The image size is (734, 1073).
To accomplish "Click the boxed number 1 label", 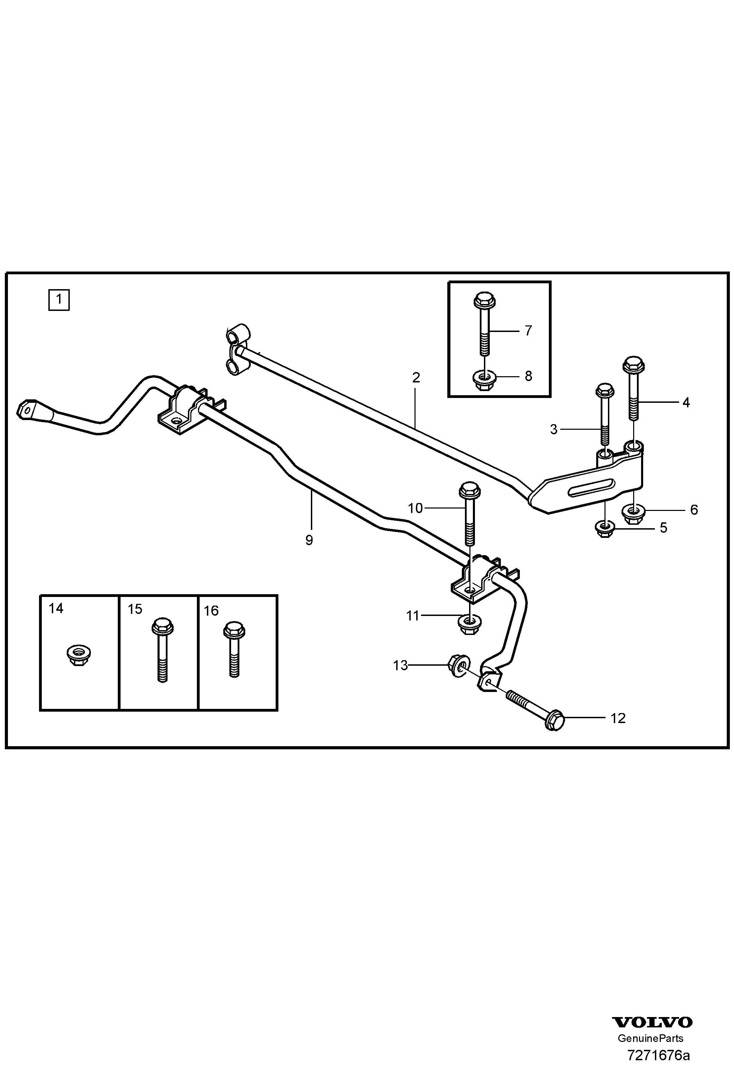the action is [x=59, y=299].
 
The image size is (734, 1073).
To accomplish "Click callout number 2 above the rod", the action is [x=416, y=378].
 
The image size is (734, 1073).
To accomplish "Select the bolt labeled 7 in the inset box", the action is [x=484, y=323].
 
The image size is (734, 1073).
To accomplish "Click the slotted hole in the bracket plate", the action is [x=591, y=487].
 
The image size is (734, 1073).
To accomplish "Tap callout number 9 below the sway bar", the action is [x=309, y=540].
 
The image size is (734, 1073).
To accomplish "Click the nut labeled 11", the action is [x=469, y=625].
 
